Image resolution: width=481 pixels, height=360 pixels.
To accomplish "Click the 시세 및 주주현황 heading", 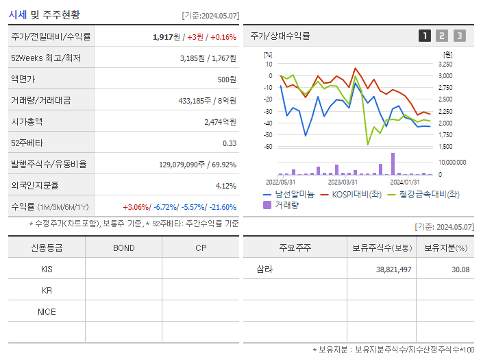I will coord(45,14).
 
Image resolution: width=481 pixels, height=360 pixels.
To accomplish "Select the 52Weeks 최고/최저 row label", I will coord(46,58).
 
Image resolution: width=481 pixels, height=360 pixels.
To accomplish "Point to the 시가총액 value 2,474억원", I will coord(220,122).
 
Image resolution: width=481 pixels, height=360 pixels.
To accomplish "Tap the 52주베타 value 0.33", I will coord(230,143).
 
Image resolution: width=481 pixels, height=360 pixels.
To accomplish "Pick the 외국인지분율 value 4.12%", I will coord(225,186).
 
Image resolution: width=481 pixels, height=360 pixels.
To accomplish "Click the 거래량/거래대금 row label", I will coord(40,101).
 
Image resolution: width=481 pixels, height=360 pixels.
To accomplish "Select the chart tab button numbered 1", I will coord(425,36).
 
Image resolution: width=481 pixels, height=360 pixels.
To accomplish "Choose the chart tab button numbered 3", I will coord(459,36).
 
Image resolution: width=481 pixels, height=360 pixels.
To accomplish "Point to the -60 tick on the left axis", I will coord(268,146).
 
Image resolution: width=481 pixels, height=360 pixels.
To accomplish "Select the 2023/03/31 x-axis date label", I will coord(343,182).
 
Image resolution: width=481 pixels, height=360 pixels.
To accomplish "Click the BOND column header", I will coord(123,248).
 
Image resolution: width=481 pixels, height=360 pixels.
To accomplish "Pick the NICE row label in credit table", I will coord(47,312).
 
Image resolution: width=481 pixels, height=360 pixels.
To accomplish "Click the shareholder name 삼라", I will coord(264,269).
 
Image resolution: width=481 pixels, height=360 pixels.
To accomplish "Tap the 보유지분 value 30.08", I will coord(460,269).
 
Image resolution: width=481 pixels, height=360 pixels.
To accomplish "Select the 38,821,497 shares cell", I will coord(393,269).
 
